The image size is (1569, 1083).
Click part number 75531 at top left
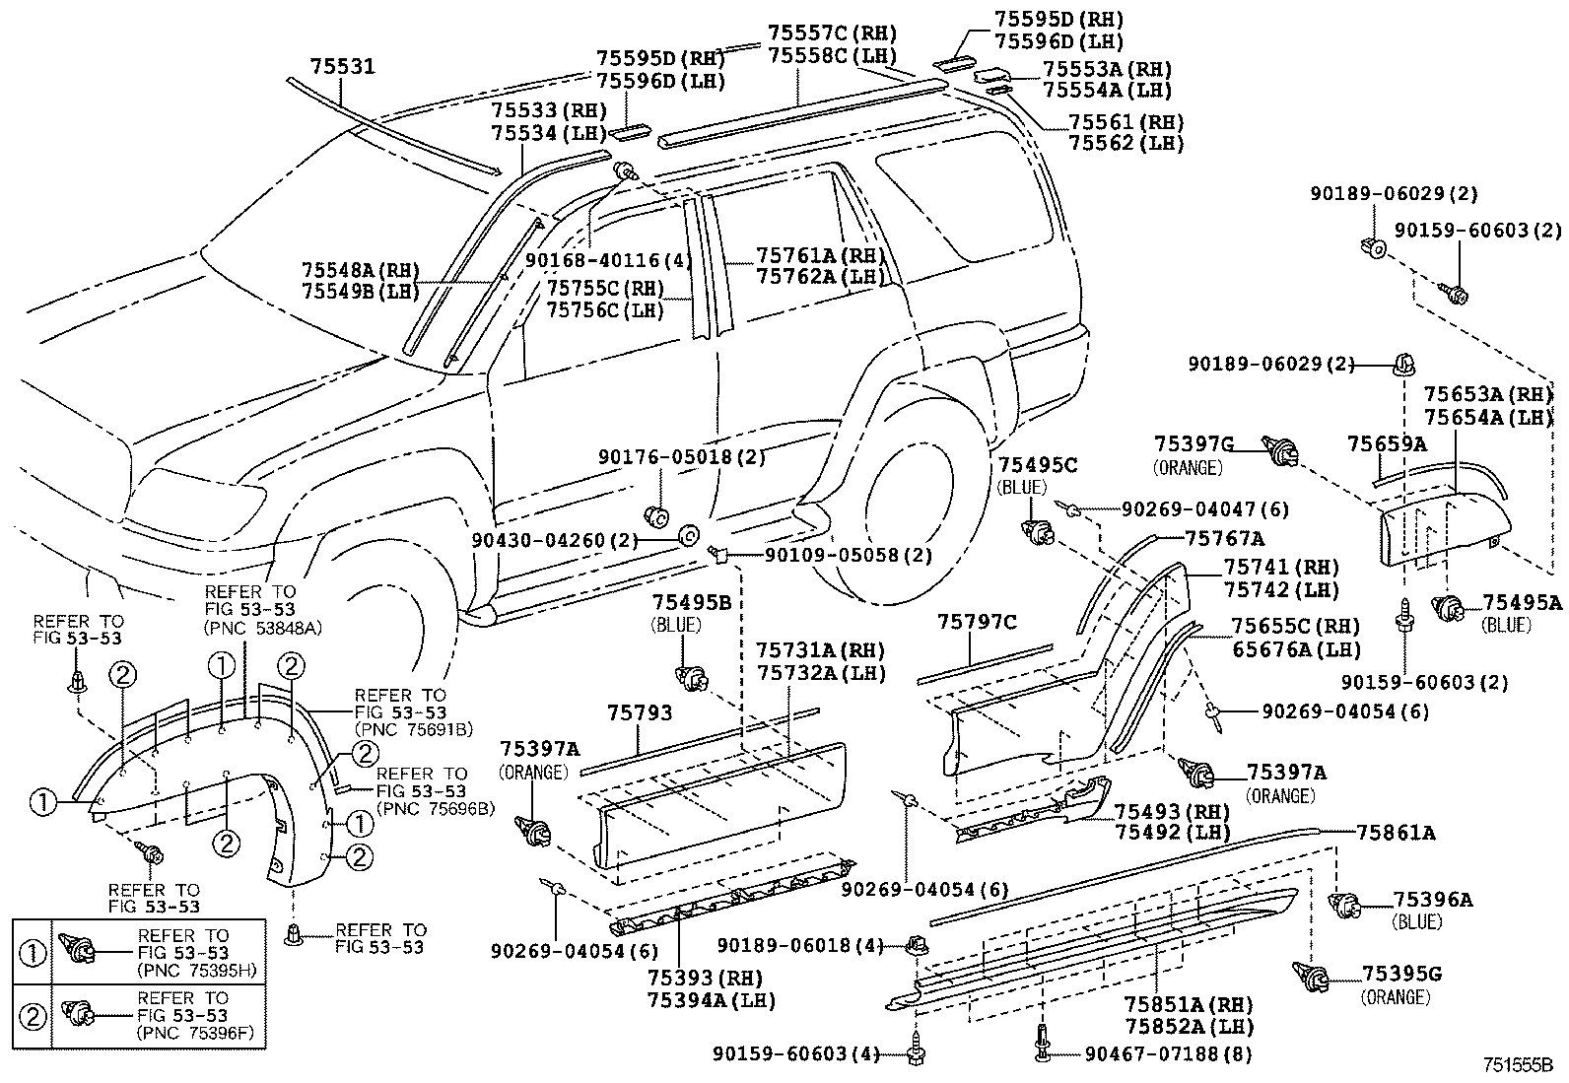(x=342, y=66)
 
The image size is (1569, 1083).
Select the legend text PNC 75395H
(x=196, y=970)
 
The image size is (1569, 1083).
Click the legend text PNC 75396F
(x=196, y=1032)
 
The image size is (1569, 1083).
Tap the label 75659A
(x=1386, y=444)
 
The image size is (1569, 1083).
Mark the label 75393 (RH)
(x=697, y=980)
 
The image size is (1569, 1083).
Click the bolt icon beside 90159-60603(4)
(x=916, y=1052)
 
